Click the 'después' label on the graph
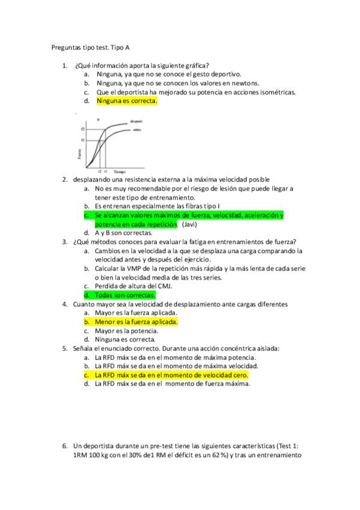(136, 121)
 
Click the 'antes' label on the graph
(136, 129)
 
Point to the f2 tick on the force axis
(82, 129)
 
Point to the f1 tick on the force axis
(82, 140)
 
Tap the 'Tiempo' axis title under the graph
(120, 171)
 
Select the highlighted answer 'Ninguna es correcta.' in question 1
(126, 101)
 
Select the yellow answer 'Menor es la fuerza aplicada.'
(136, 321)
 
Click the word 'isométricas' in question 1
(276, 92)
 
